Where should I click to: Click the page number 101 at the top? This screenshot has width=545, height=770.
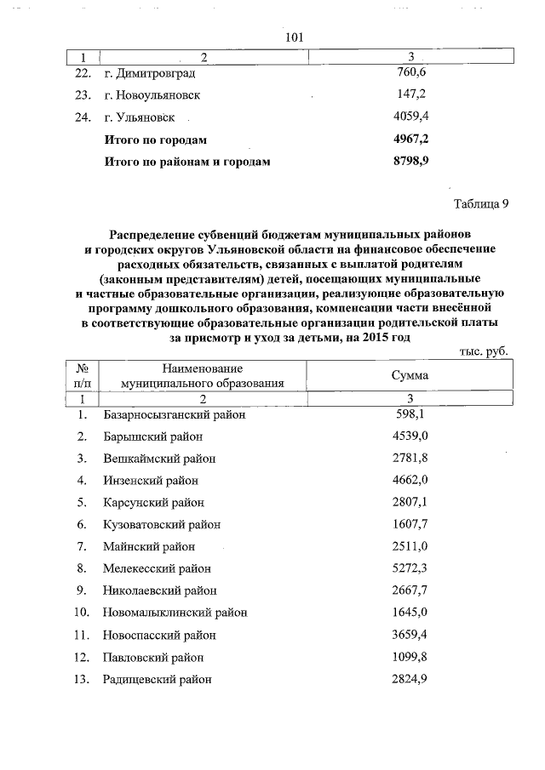click(x=295, y=37)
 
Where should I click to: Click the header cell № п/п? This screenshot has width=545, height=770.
click(x=83, y=375)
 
